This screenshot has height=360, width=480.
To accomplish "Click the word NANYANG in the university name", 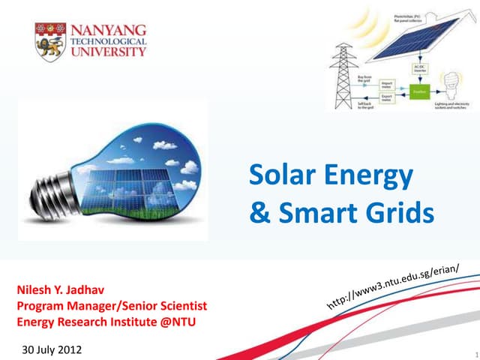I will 109,30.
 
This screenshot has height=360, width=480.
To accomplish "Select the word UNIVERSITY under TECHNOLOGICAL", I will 109,53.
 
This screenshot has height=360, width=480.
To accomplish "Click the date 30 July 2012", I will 52,350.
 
